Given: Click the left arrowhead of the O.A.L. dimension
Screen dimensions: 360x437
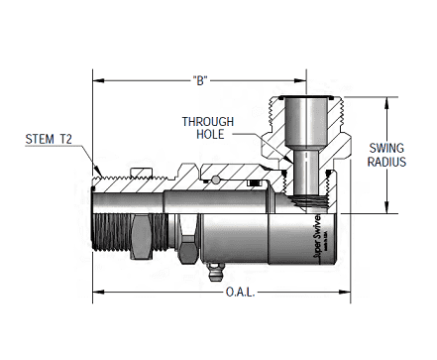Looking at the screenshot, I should [96, 293].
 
